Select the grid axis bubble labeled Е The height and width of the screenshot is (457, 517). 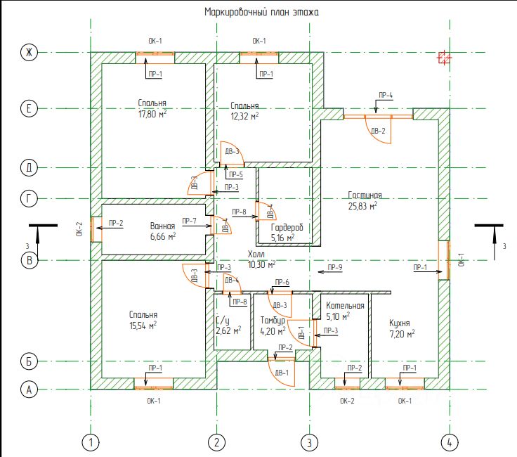29,109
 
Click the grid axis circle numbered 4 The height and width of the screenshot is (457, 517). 449,442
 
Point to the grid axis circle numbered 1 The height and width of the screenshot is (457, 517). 91,442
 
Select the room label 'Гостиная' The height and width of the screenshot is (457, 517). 365,195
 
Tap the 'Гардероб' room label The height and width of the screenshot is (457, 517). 287,227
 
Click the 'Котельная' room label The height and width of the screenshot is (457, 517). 345,306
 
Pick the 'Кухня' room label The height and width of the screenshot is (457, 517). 403,323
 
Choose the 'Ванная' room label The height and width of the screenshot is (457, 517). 162,226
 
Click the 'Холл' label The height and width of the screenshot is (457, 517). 258,254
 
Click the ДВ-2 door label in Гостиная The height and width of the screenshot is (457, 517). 379,131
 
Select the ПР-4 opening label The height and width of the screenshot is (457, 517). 386,95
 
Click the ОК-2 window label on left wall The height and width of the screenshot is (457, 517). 79,229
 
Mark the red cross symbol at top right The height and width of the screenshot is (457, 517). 443,58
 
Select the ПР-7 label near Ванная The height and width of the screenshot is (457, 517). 189,221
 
